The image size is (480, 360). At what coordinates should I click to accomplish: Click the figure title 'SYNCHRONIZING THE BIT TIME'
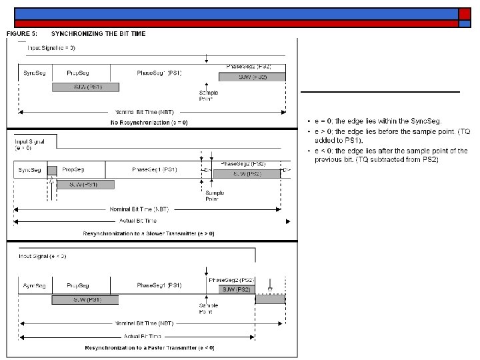98,33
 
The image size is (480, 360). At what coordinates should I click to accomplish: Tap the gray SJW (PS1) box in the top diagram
85,87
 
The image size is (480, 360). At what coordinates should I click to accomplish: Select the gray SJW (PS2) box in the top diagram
253,77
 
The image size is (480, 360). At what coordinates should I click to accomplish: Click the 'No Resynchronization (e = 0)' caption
149,123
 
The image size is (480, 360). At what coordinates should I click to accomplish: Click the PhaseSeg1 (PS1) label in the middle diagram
154,170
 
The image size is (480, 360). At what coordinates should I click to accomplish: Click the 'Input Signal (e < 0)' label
43,256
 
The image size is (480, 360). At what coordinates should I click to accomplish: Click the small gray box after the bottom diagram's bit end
270,299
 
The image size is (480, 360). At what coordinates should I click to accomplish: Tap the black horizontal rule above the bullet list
380,91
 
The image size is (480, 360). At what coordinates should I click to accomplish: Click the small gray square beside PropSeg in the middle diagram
52,171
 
